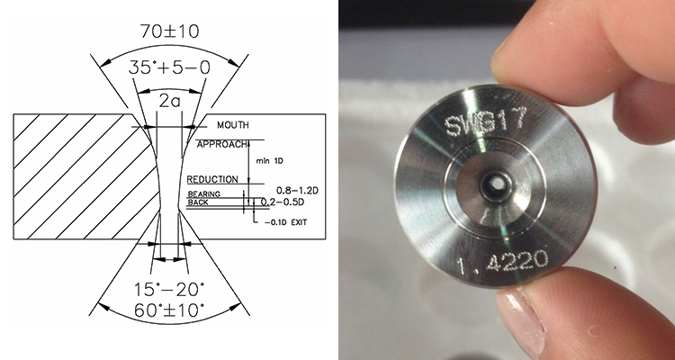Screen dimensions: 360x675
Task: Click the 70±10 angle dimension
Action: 170,31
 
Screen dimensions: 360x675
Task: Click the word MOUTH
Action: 233,125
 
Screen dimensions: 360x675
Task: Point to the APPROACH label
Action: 221,142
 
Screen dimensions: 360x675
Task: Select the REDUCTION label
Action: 214,179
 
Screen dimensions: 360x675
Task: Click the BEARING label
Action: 203,194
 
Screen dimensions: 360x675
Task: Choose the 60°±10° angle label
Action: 170,310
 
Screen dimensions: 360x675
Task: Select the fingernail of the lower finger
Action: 518,326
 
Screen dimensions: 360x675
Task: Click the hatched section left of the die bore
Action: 76,175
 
